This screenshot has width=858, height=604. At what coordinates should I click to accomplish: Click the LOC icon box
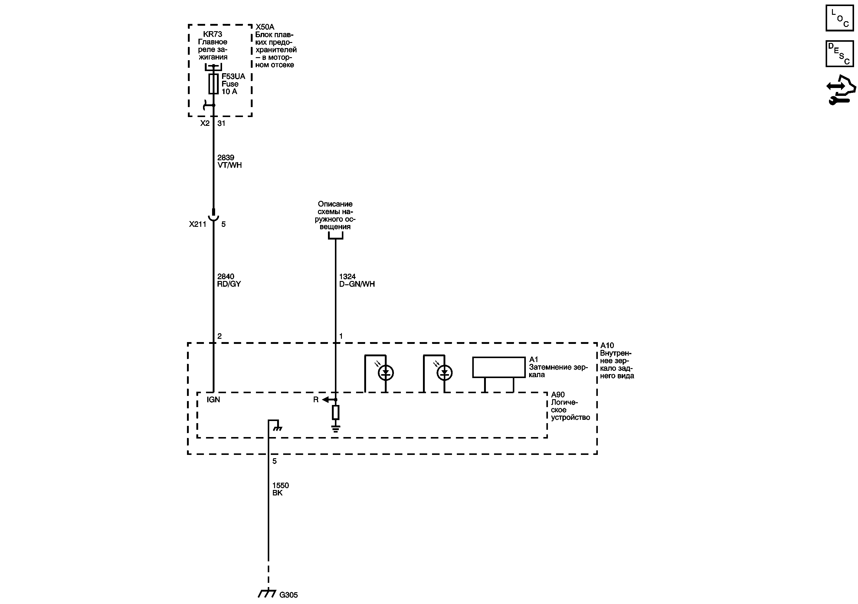(839, 18)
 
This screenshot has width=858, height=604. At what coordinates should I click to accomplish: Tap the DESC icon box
(839, 54)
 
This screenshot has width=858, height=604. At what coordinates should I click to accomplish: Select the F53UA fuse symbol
(213, 84)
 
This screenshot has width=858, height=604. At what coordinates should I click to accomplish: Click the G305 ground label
(289, 595)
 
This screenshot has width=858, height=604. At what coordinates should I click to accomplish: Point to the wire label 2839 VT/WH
(229, 162)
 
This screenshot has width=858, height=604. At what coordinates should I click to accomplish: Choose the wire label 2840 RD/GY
(229, 280)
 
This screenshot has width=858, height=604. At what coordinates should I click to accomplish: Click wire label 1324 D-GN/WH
(356, 280)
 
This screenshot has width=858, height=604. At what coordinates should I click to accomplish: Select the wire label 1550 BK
(280, 489)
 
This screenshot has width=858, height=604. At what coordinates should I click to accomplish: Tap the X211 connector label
(197, 224)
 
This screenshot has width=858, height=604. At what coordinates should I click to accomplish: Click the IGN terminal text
(213, 400)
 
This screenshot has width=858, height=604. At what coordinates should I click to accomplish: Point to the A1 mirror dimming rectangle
(499, 367)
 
